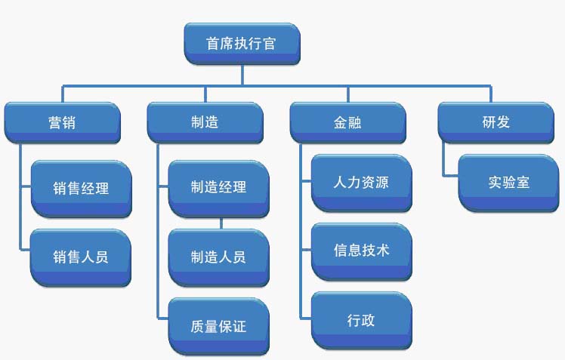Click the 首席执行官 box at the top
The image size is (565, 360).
point(242,43)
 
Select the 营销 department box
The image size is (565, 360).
point(62,122)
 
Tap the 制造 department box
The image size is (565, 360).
point(205,122)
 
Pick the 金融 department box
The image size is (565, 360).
point(347,122)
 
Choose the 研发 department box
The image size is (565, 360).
point(496,122)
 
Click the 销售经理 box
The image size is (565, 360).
point(81,187)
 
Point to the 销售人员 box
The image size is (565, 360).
point(81,257)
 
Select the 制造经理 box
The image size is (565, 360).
point(218,187)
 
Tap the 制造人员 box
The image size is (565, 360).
point(218,257)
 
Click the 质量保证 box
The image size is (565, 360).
point(218,327)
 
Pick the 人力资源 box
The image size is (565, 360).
point(362,182)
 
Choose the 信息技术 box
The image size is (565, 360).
point(362,251)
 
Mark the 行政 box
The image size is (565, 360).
point(362,320)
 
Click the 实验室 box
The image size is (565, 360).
point(508,182)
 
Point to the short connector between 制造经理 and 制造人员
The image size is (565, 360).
point(221,223)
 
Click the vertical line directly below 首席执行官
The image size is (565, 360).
point(242,73)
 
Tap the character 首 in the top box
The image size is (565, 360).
point(214,43)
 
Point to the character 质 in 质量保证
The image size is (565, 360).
point(198,327)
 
